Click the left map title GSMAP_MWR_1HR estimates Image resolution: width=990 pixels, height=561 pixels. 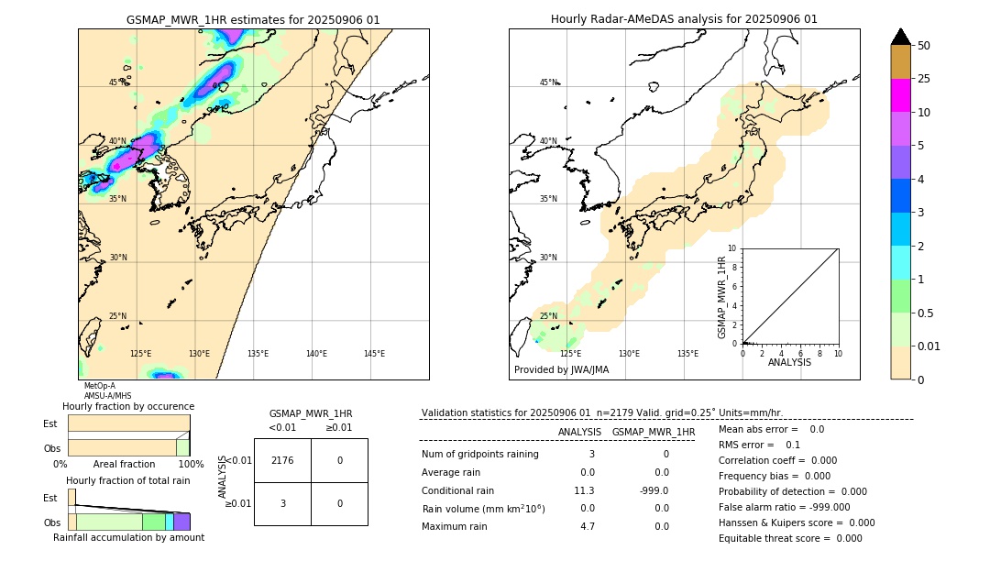coord(253,19)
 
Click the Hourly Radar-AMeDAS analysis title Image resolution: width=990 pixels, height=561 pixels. coord(684,19)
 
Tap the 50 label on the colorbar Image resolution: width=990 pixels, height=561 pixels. coord(924,46)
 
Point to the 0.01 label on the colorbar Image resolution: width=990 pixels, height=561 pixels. coord(929,346)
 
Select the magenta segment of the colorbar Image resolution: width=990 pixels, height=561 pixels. coord(900,95)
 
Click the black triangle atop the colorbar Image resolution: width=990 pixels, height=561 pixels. coord(900,37)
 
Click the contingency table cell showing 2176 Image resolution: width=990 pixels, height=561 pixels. coord(282,460)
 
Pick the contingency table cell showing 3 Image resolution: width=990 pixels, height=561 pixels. coord(282,503)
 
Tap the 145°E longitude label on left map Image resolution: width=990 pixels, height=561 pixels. coord(374,354)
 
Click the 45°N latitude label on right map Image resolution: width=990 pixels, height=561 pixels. coord(548,83)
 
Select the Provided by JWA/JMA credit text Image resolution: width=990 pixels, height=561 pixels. coord(561,370)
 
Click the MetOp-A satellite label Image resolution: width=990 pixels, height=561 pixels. coord(99,386)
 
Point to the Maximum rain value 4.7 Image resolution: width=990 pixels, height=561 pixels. coord(587,526)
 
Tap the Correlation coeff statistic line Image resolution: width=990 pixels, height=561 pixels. coord(777,461)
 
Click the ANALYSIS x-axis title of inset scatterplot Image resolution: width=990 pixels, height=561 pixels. coord(789,362)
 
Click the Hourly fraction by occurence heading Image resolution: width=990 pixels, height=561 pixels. coord(128,406)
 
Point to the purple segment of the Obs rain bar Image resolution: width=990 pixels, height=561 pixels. coord(181,522)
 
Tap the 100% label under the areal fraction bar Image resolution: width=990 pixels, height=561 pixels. coord(191,465)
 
